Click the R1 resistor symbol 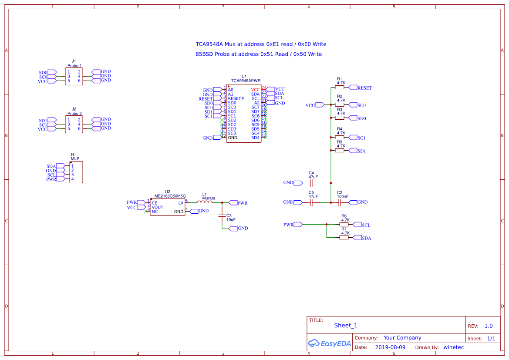coord(340,87)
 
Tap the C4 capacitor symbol coord(311,183)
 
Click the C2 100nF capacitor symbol coord(340,202)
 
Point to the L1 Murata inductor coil coord(205,202)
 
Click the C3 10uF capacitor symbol coord(222,215)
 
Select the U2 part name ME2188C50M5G coord(170,196)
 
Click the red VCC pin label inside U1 coord(255,90)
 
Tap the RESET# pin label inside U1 coord(236,98)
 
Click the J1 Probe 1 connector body coord(74,76)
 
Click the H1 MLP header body coord(76,172)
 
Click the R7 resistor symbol coord(344,238)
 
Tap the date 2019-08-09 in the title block coord(390,347)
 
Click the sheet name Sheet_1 coord(345,325)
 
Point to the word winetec coord(453,347)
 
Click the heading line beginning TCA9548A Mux coord(260,44)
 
